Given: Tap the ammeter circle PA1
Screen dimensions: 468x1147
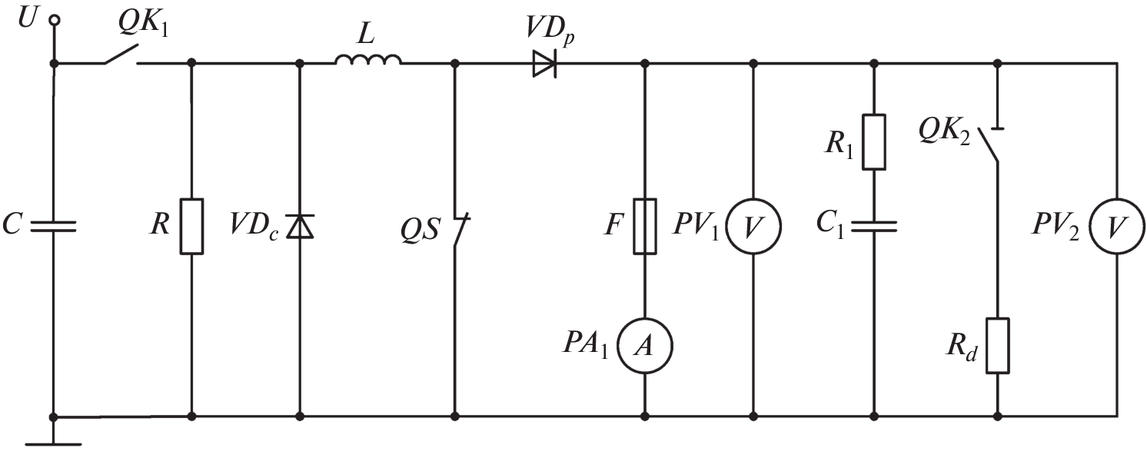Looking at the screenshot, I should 644,347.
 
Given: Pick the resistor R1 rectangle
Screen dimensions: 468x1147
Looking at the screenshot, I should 874,141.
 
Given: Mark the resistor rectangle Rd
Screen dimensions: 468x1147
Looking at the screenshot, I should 997,346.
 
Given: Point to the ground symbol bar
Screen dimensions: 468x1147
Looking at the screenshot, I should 53,443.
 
